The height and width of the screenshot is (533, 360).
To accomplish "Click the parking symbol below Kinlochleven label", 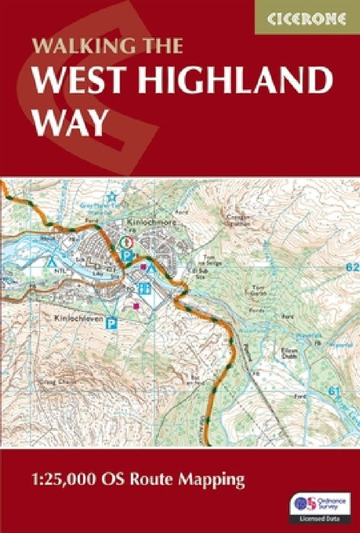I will pyautogui.click(x=112, y=323).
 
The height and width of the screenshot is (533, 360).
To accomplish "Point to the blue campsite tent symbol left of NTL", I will pyautogui.click(x=52, y=261).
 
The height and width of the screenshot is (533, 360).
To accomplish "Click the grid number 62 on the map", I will pyautogui.click(x=350, y=268).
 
